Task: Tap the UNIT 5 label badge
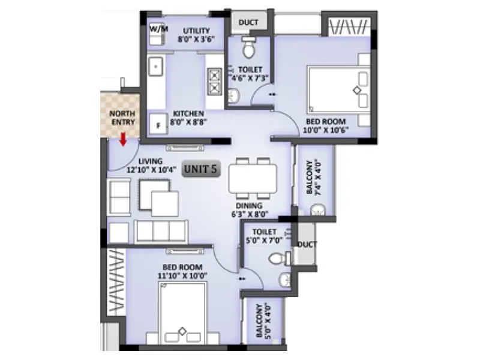tap(201, 169)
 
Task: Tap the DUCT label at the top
tap(248, 23)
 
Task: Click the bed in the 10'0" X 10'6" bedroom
tap(339, 89)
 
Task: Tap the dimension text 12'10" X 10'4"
tap(150, 170)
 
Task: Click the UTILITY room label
tap(196, 30)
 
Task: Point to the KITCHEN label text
tap(188, 113)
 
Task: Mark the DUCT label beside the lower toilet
tap(307, 244)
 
